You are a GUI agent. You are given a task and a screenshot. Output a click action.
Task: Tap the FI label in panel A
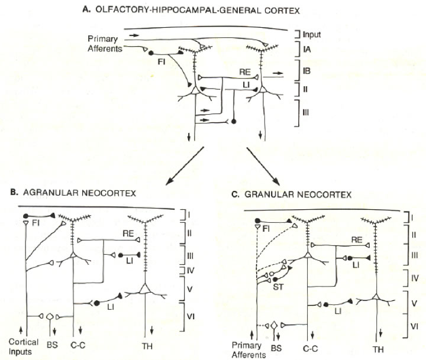point(162,62)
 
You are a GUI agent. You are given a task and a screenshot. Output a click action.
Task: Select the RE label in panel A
point(244,72)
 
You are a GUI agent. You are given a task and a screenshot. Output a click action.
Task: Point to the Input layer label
point(312,34)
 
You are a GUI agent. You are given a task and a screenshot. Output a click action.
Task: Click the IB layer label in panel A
point(306,71)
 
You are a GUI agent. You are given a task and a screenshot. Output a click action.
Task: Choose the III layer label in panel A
point(305,112)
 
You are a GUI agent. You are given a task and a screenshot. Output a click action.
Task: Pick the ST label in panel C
point(278,287)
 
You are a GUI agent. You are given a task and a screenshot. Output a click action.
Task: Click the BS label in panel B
point(52,345)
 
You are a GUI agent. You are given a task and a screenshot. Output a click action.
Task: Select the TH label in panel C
point(378,349)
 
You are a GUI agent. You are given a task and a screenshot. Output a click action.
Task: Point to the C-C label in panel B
point(78,345)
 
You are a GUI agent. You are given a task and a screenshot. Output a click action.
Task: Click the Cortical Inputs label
point(23,346)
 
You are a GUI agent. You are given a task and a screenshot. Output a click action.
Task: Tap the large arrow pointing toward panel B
point(185,166)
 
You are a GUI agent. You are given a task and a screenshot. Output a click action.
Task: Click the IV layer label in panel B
point(191,271)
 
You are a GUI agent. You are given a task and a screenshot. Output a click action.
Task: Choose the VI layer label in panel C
point(414,326)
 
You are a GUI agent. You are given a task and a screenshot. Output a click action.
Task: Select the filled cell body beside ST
point(275,279)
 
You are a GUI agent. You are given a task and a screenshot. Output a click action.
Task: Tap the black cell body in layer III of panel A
point(233,122)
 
